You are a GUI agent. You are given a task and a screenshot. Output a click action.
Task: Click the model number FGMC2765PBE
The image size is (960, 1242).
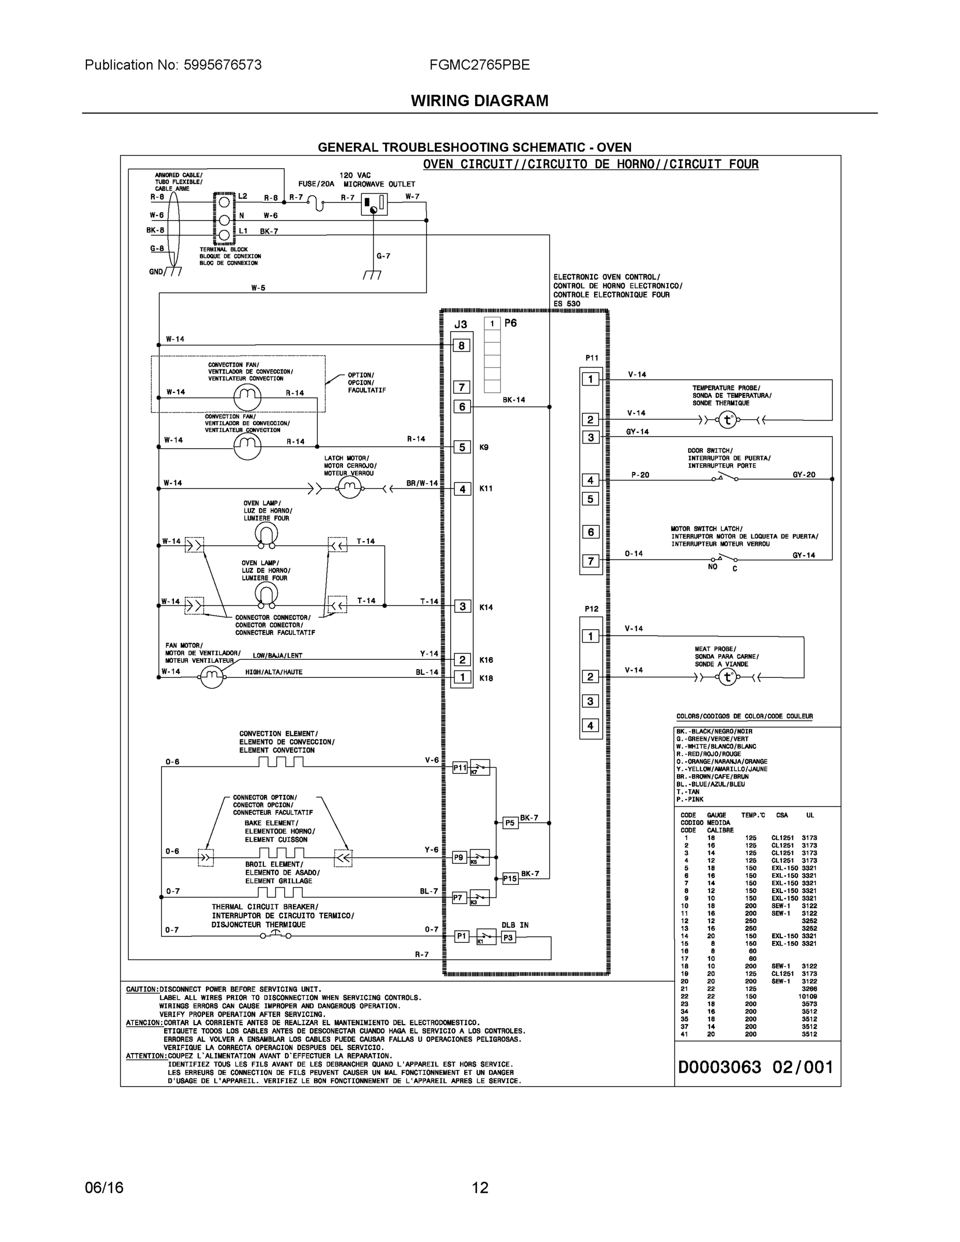pyautogui.click(x=479, y=65)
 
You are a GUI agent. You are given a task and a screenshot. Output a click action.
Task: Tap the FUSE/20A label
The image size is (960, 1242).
pyautogui.click(x=316, y=184)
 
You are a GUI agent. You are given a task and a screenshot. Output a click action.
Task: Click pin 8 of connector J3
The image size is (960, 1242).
pyautogui.click(x=461, y=345)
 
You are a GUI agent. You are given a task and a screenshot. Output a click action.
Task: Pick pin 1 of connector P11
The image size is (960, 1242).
pyautogui.click(x=590, y=379)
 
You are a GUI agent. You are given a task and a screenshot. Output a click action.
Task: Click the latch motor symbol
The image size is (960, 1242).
pyautogui.click(x=350, y=487)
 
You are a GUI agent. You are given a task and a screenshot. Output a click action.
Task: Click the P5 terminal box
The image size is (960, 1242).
pyautogui.click(x=510, y=823)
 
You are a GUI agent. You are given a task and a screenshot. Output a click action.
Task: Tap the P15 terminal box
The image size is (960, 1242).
pyautogui.click(x=510, y=879)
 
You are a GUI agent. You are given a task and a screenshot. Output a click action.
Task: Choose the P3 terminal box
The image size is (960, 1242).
pyautogui.click(x=508, y=938)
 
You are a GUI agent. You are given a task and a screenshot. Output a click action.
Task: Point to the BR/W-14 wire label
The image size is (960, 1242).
pyautogui.click(x=422, y=483)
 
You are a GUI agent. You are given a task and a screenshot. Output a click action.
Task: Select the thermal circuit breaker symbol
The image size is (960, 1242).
pyautogui.click(x=276, y=935)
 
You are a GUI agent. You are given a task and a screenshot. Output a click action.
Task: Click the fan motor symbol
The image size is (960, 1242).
pyautogui.click(x=212, y=677)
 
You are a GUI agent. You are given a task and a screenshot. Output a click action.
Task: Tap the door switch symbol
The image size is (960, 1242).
pyautogui.click(x=724, y=478)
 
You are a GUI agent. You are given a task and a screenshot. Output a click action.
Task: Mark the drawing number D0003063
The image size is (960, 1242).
pyautogui.click(x=719, y=1068)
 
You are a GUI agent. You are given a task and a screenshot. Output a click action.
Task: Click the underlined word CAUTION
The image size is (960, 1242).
pyautogui.click(x=142, y=989)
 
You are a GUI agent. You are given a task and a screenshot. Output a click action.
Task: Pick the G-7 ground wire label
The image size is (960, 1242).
pyautogui.click(x=383, y=256)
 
